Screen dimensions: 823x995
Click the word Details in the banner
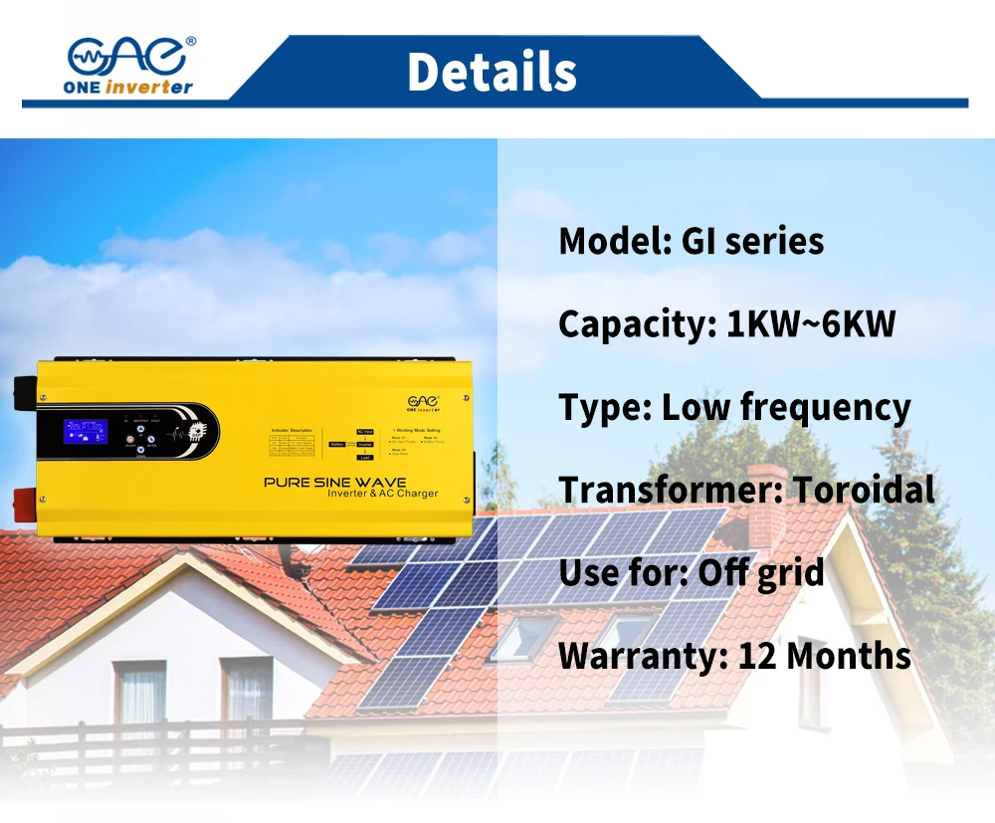point(492,72)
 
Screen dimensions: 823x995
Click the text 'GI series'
point(752,241)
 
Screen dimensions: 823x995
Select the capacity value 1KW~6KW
point(811,324)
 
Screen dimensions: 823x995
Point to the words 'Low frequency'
point(786,408)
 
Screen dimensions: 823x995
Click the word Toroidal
point(863,490)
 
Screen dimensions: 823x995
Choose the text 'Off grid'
point(761,572)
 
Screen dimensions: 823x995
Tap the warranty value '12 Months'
point(824,656)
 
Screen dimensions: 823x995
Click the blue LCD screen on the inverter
point(87,432)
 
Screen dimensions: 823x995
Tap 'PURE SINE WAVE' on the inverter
point(334,483)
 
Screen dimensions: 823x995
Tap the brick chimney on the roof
point(765,498)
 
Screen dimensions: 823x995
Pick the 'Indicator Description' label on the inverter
point(292,430)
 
